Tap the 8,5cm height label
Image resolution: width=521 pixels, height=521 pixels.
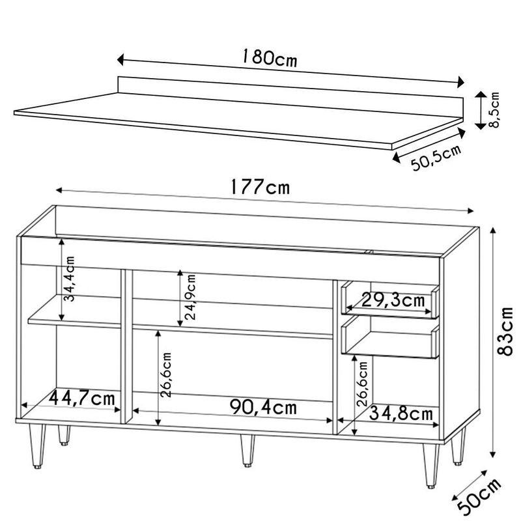tap(496, 109)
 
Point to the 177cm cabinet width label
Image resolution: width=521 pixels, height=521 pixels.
tap(259, 187)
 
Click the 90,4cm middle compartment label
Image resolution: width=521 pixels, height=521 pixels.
tap(263, 408)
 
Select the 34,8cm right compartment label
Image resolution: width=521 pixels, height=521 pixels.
tap(401, 414)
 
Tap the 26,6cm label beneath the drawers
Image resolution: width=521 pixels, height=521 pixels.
tap(365, 384)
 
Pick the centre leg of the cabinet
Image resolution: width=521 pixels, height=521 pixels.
tap(247, 450)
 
